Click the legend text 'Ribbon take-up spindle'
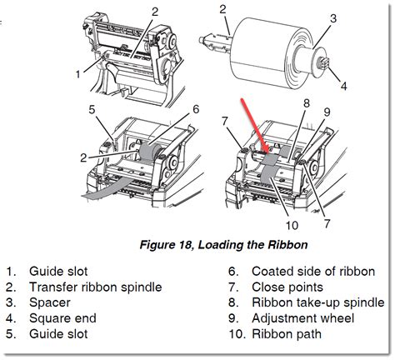[x=306, y=303]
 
